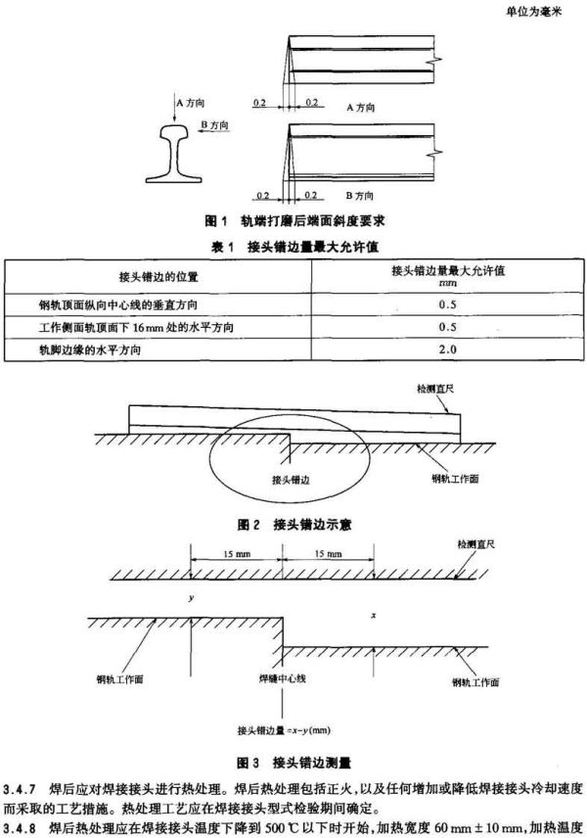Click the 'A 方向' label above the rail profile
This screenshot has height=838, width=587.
(190, 103)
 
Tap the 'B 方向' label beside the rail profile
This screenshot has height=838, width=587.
(214, 125)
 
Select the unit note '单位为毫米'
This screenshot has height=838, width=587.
(533, 11)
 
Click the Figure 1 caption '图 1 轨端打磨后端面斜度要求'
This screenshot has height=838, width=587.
(294, 220)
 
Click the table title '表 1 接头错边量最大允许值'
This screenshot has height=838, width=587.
(294, 247)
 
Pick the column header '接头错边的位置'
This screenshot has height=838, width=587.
(158, 277)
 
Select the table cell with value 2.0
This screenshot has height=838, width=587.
(448, 349)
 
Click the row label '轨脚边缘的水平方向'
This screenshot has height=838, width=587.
(90, 350)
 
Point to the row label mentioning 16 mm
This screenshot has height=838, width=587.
(136, 327)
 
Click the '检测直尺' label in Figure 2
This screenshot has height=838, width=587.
(435, 389)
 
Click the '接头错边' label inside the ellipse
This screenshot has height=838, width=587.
(291, 480)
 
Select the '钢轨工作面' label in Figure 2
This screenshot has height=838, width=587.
(455, 479)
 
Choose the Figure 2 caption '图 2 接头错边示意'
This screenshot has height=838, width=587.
(294, 525)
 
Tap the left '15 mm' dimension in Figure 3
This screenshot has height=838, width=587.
(237, 554)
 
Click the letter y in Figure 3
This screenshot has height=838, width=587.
(191, 597)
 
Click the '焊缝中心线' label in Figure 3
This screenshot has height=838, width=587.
(283, 678)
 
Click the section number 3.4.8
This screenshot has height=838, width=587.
(20, 828)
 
